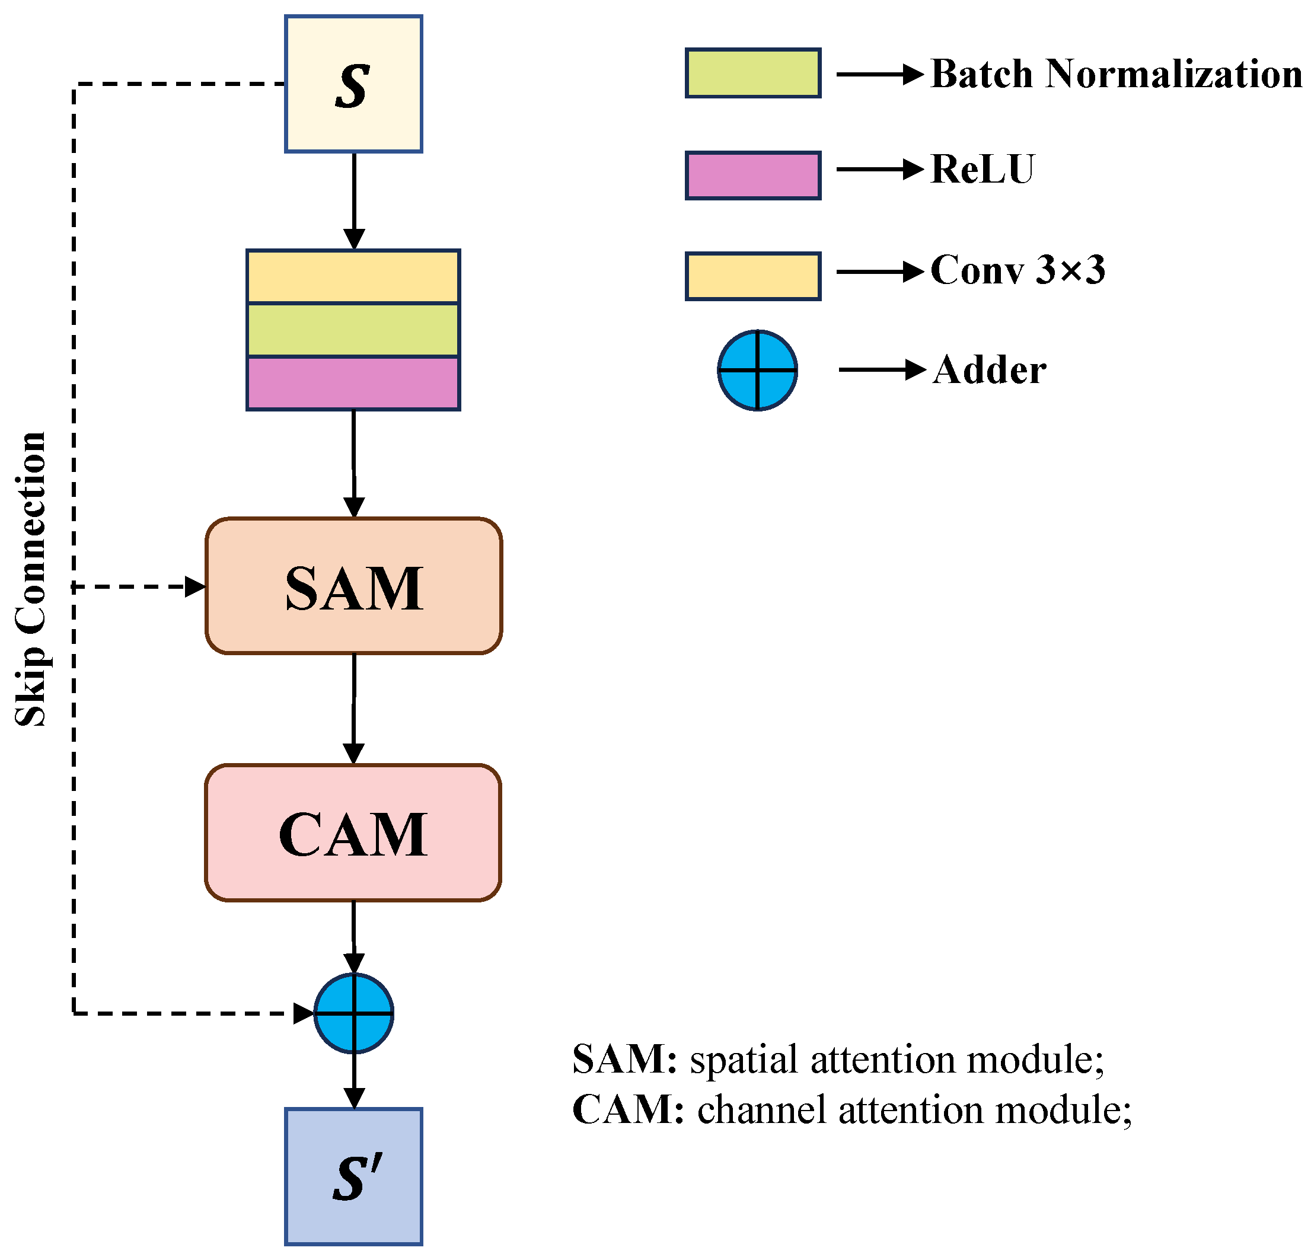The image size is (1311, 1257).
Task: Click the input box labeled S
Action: [353, 84]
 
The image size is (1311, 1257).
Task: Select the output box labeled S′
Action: [353, 1176]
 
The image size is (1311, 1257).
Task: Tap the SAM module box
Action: [353, 586]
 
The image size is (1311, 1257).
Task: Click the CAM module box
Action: [353, 833]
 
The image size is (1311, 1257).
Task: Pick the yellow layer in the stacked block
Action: [353, 277]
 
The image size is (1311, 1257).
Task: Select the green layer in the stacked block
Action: [353, 330]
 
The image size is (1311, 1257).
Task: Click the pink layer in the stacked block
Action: [353, 382]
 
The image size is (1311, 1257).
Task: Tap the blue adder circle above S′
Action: [353, 1013]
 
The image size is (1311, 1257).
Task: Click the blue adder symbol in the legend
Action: [757, 370]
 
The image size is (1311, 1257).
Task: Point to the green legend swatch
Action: [752, 73]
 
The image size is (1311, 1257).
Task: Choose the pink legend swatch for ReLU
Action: [752, 176]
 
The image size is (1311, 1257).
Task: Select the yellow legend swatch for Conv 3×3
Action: [752, 276]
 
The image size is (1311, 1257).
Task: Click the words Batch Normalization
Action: [1116, 74]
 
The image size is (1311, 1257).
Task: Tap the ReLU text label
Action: [982, 169]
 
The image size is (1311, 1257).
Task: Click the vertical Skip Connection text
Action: [31, 579]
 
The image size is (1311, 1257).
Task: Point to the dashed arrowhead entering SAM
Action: [195, 586]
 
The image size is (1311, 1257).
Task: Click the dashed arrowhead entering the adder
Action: [304, 1013]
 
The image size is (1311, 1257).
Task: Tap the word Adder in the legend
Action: [988, 370]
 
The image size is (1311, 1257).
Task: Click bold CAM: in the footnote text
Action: [627, 1110]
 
